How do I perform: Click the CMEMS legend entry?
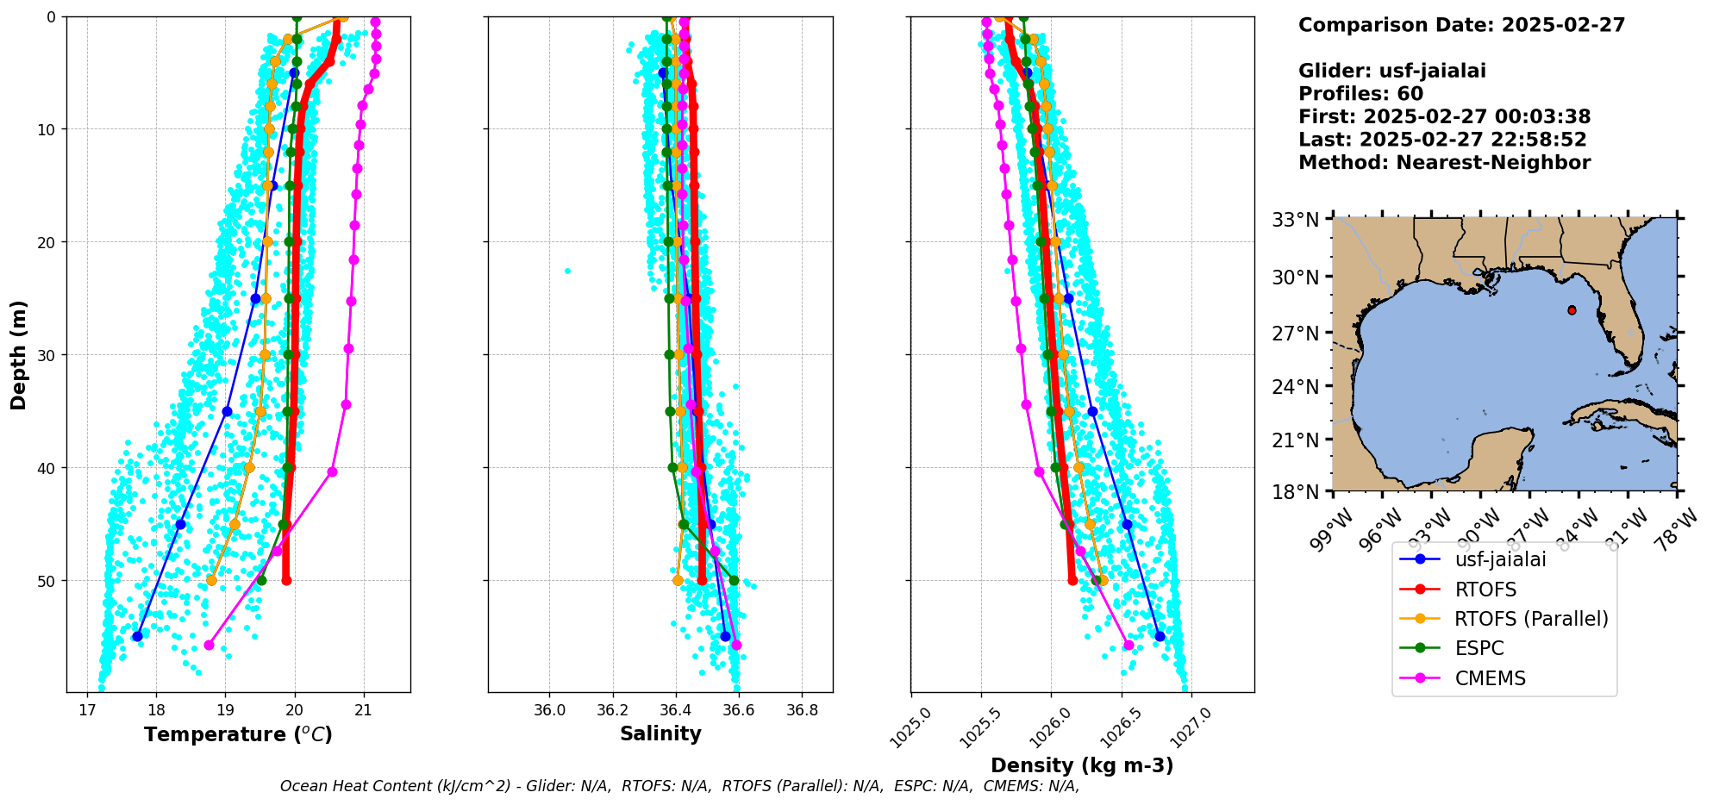pos(1490,678)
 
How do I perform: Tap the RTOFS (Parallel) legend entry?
pos(1531,619)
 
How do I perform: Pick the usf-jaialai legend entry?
pos(1500,559)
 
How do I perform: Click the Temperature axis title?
pos(238,735)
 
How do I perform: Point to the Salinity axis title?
pos(660,734)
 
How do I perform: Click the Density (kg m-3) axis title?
pos(1082,765)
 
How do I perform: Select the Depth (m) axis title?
pos(19,355)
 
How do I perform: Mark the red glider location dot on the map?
pos(1572,310)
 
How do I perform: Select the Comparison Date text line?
pos(1461,25)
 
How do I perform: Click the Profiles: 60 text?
pos(1360,94)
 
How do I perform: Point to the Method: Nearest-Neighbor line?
pos(1444,163)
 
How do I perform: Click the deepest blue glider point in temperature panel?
pos(137,636)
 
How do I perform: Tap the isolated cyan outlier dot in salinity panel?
pos(567,271)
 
